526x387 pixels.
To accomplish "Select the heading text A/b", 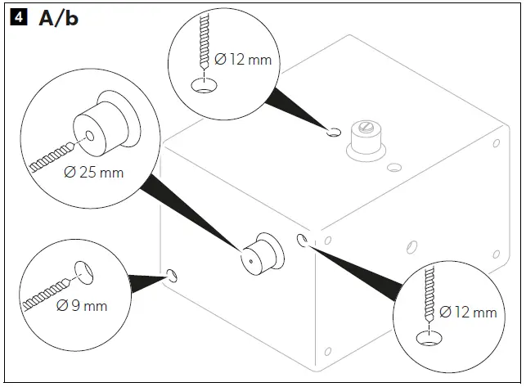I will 60,17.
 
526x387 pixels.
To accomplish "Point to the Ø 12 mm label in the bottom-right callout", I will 467,312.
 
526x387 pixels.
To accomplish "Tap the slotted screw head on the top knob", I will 365,129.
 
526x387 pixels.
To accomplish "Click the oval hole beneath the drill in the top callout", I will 201,86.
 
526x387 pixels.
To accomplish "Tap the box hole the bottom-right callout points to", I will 303,240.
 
